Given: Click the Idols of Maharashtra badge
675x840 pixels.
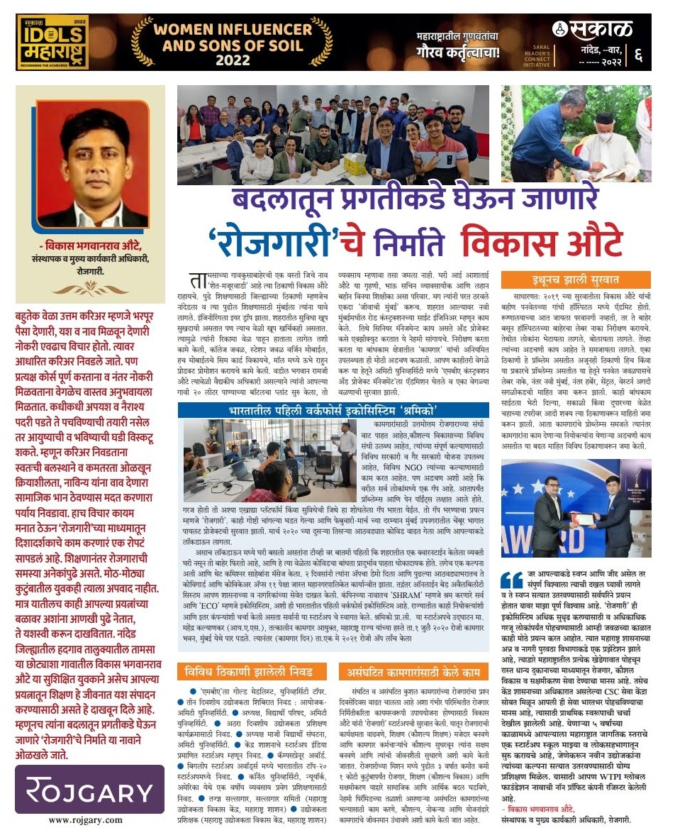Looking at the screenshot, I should coord(53,42).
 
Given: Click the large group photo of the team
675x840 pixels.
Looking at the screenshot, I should coord(333,136).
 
